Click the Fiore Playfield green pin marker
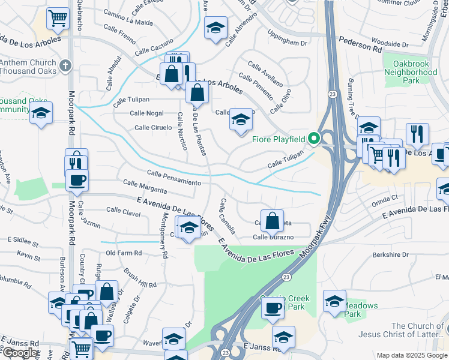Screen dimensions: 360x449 [313, 139]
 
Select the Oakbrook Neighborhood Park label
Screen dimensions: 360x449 [411, 71]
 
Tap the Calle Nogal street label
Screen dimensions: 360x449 [147, 113]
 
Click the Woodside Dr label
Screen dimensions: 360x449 [390, 44]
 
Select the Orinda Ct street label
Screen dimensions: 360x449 [385, 196]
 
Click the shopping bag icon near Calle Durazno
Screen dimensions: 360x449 [273, 220]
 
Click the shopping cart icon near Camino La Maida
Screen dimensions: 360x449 [58, 19]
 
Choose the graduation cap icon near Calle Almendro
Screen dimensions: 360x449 [215, 28]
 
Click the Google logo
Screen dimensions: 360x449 [20, 353]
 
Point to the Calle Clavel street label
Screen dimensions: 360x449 [123, 210]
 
